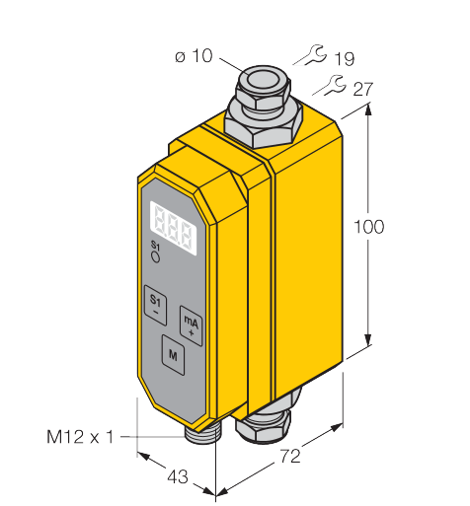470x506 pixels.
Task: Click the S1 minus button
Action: (155, 305)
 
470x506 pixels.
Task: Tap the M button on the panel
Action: (173, 355)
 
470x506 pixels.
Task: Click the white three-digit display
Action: (173, 228)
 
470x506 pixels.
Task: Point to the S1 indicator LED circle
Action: (155, 257)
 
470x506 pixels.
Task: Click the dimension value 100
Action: (368, 227)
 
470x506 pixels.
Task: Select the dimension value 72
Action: (290, 456)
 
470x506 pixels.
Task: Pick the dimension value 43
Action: (178, 476)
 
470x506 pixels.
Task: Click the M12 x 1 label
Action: (80, 437)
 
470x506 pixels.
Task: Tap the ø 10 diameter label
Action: (194, 56)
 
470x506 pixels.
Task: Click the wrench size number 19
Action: (345, 59)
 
